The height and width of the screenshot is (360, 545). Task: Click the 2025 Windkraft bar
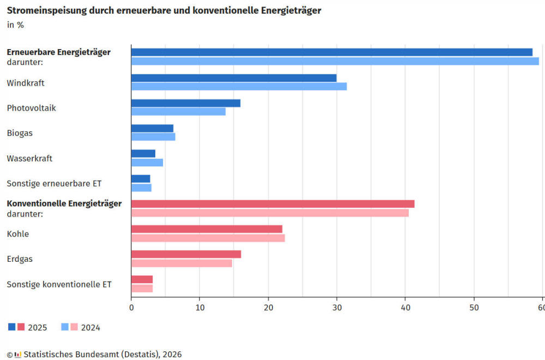pyautogui.click(x=234, y=78)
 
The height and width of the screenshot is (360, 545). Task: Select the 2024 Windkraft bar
pyautogui.click(x=239, y=86)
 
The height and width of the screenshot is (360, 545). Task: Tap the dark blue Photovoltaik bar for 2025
pyautogui.click(x=186, y=103)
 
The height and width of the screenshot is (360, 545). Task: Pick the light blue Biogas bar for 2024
pyautogui.click(x=153, y=137)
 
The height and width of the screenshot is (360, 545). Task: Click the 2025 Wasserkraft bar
pyautogui.click(x=143, y=153)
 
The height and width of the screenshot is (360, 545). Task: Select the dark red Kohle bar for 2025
pyautogui.click(x=207, y=229)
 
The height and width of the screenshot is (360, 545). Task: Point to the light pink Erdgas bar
pyautogui.click(x=181, y=263)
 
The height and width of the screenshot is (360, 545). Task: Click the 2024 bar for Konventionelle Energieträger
pyautogui.click(x=270, y=213)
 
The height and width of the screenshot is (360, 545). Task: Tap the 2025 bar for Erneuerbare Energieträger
pyautogui.click(x=332, y=52)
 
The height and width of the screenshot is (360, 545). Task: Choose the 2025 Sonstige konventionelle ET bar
pyautogui.click(x=142, y=279)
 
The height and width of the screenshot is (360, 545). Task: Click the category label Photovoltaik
pyautogui.click(x=32, y=108)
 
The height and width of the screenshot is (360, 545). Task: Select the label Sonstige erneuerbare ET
pyautogui.click(x=54, y=184)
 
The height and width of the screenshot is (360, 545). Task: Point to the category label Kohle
pyautogui.click(x=18, y=234)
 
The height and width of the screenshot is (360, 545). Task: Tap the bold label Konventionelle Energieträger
pyautogui.click(x=64, y=203)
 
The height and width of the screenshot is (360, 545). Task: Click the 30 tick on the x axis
pyautogui.click(x=337, y=307)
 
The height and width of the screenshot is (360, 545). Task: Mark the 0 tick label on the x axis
pyautogui.click(x=131, y=307)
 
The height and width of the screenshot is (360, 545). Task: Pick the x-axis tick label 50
pyautogui.click(x=474, y=307)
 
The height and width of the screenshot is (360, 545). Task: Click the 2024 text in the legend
pyautogui.click(x=90, y=328)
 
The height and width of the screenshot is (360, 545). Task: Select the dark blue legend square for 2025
pyautogui.click(x=12, y=327)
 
